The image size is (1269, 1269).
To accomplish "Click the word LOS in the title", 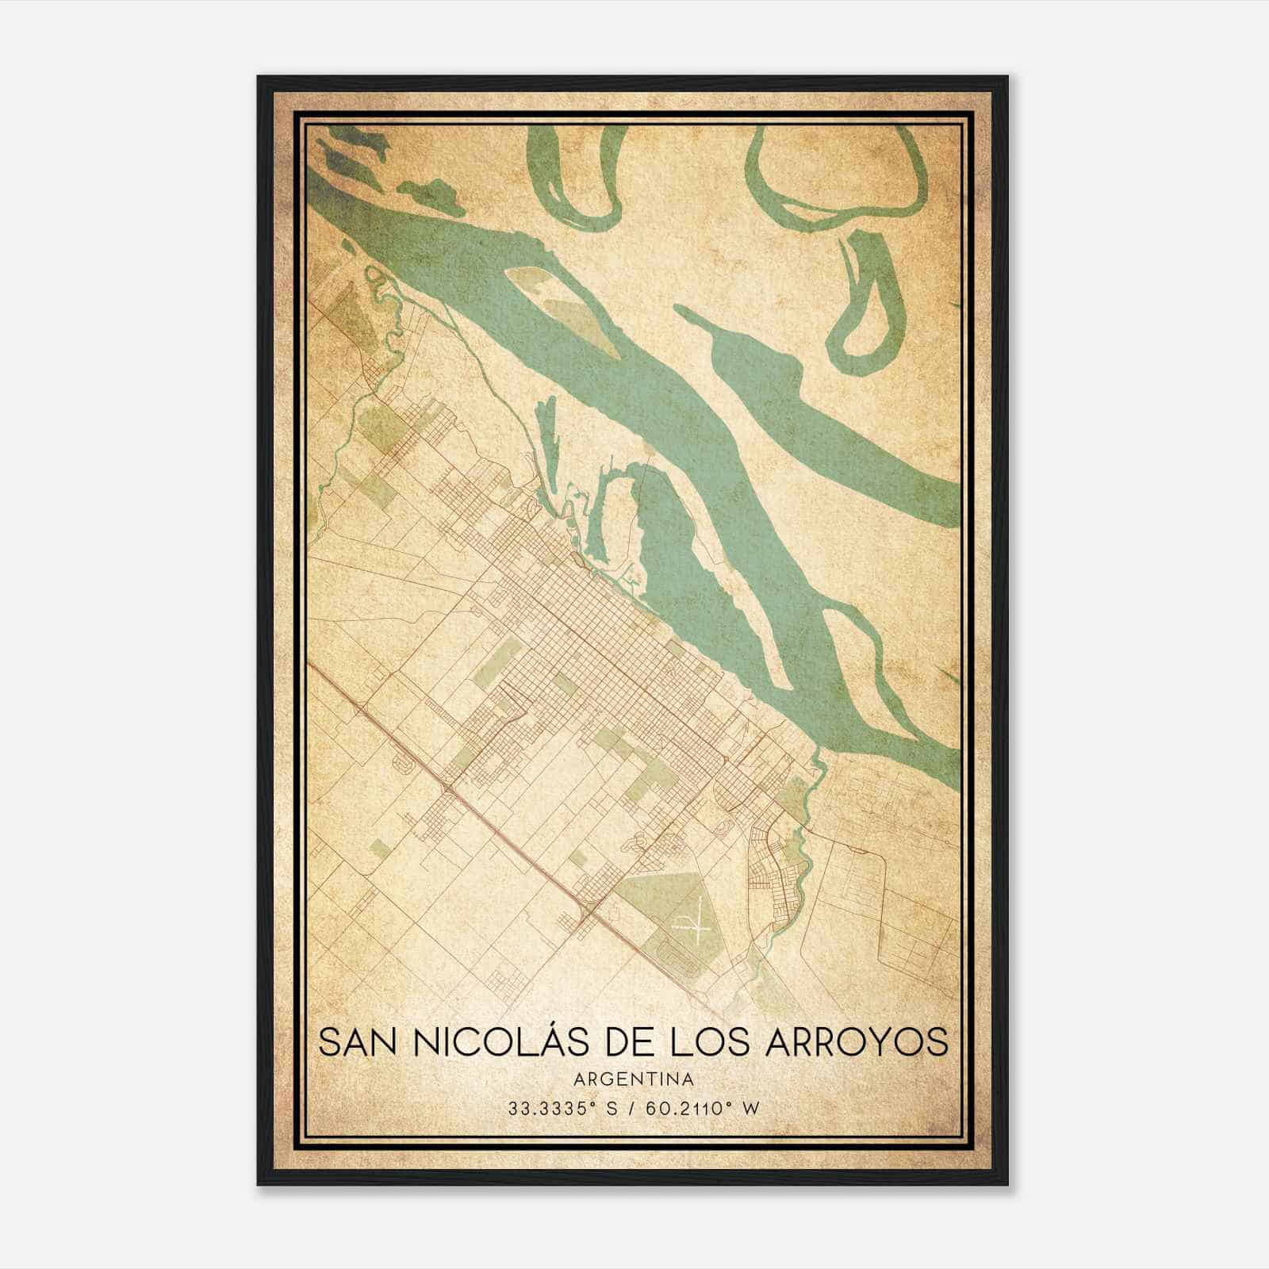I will [703, 1041].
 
